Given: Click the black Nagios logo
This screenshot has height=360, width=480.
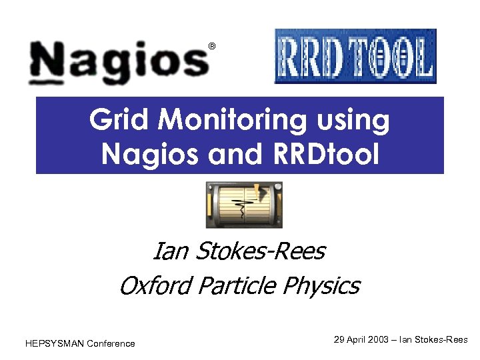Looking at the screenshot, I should click(120, 61).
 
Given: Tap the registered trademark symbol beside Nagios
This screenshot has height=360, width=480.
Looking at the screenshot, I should click(212, 46).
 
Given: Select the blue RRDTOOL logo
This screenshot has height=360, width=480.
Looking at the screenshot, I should click(355, 56).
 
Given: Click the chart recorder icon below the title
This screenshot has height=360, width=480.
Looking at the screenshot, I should click(244, 205).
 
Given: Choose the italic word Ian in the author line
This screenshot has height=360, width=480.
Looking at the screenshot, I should click(168, 251).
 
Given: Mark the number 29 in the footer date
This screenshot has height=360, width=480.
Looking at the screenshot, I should click(339, 339).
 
